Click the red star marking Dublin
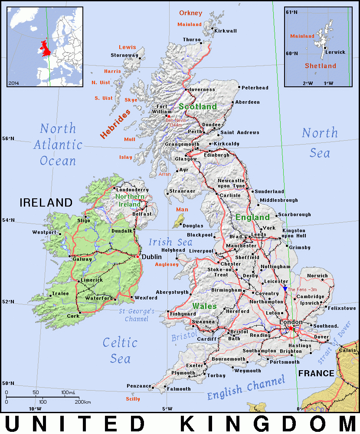click(x=138, y=256)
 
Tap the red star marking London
click(x=291, y=328)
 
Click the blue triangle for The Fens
click(x=285, y=289)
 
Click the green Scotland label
click(x=198, y=106)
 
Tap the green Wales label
click(x=204, y=306)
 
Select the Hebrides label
click(x=115, y=124)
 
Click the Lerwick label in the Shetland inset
click(x=335, y=52)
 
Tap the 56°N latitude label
click(x=8, y=139)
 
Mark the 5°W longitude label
click(x=167, y=408)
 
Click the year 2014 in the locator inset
click(x=13, y=82)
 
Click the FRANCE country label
click(x=316, y=373)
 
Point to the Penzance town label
click(x=139, y=386)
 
